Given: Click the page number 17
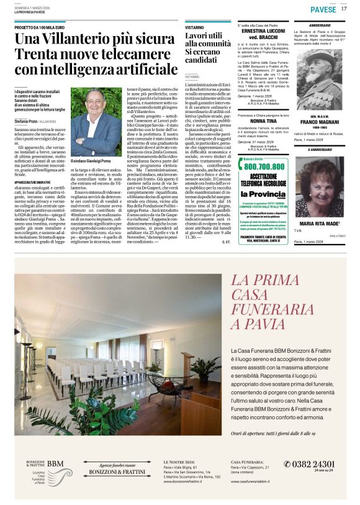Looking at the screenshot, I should [344, 9].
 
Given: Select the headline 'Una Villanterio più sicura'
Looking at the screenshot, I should [86, 39].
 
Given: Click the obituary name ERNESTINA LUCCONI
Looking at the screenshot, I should [263, 30].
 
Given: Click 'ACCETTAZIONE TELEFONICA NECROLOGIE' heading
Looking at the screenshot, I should [264, 180].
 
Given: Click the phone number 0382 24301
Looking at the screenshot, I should [308, 464].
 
